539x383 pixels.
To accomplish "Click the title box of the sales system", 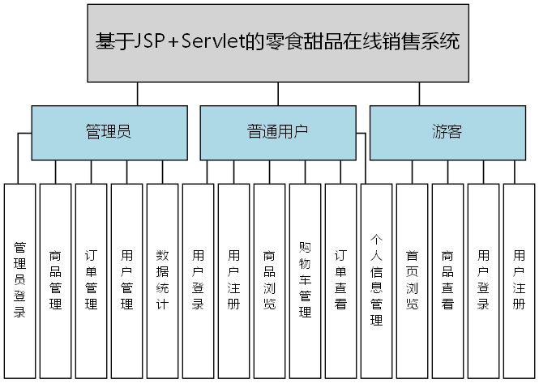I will pyautogui.click(x=277, y=42).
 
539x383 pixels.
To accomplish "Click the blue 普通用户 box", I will pyautogui.click(x=277, y=132).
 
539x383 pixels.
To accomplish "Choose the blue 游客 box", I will pyautogui.click(x=447, y=132).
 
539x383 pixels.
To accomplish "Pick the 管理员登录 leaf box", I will pyautogui.click(x=19, y=280).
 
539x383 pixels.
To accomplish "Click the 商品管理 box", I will pyautogui.click(x=55, y=280).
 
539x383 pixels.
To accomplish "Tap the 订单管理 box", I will pyautogui.click(x=91, y=280).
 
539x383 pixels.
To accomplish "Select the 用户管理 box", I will pyautogui.click(x=126, y=280).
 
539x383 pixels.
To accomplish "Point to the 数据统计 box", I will pyautogui.click(x=162, y=280).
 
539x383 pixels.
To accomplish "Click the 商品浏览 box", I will pyautogui.click(x=269, y=280).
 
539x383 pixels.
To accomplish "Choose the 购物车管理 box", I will pyautogui.click(x=305, y=280).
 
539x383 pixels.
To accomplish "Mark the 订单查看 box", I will pyautogui.click(x=340, y=280).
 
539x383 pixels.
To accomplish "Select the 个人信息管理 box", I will pyautogui.click(x=376, y=280).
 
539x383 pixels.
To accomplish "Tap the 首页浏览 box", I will pyautogui.click(x=412, y=280).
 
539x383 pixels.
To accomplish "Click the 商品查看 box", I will pyautogui.click(x=447, y=280).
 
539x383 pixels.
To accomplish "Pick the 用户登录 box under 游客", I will pyautogui.click(x=483, y=280).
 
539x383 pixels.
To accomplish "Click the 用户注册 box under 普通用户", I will pyautogui.click(x=233, y=280).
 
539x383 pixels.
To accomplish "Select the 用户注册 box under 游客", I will pyautogui.click(x=519, y=280).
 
